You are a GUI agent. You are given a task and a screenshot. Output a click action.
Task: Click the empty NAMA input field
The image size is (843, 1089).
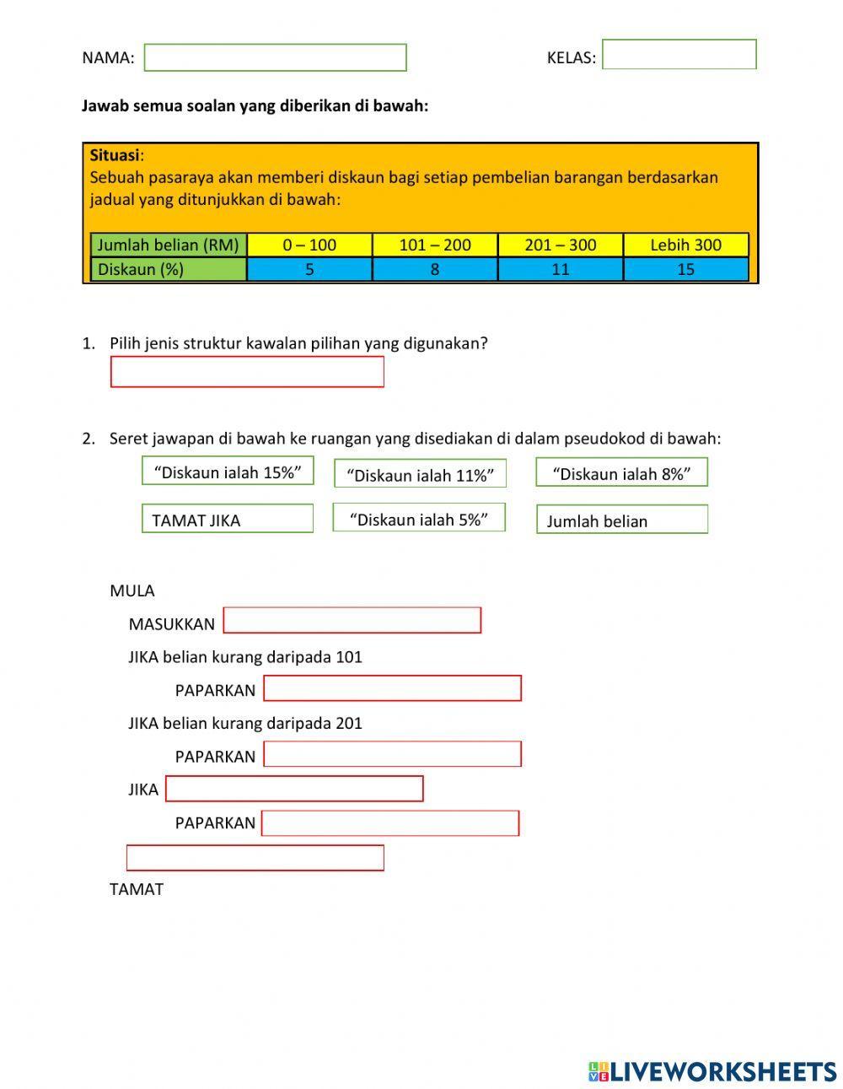point(275,57)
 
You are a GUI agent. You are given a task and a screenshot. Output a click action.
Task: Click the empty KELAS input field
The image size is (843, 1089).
point(679,55)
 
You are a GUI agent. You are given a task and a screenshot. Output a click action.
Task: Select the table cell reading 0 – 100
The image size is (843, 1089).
point(309,245)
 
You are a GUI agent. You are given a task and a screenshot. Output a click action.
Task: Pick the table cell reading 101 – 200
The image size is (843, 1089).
point(434,245)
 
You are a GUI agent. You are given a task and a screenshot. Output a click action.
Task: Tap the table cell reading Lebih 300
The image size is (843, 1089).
point(685,245)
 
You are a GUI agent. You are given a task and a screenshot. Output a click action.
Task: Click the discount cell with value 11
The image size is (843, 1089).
point(560,269)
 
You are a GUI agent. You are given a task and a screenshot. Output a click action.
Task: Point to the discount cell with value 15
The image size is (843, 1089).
point(685,269)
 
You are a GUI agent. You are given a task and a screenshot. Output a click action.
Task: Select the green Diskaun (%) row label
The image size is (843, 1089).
point(169,269)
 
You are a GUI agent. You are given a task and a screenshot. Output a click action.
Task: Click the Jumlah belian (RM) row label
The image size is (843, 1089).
point(169,245)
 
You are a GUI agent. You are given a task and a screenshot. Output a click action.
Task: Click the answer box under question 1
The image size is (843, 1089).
point(247,372)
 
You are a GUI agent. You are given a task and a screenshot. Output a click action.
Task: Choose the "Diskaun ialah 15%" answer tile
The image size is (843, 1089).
point(228,472)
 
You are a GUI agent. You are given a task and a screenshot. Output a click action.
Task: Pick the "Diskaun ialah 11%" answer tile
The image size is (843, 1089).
point(420,474)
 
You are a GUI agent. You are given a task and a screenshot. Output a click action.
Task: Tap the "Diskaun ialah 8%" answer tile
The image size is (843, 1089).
point(621,472)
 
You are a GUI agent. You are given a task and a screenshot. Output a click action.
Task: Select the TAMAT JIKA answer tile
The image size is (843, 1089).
point(228,519)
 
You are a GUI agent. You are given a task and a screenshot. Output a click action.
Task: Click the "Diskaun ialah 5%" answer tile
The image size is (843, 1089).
point(419,518)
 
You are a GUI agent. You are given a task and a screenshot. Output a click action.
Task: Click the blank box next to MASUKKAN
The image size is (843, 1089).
point(352,620)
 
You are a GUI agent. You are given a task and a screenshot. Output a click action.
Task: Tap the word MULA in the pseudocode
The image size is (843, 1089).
point(132,590)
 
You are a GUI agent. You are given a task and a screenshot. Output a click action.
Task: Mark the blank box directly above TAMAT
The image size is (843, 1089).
point(255,857)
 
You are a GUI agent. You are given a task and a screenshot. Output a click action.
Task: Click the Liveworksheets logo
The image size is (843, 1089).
point(712,1071)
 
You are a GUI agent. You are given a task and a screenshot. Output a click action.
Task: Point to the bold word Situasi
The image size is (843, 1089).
point(115,155)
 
